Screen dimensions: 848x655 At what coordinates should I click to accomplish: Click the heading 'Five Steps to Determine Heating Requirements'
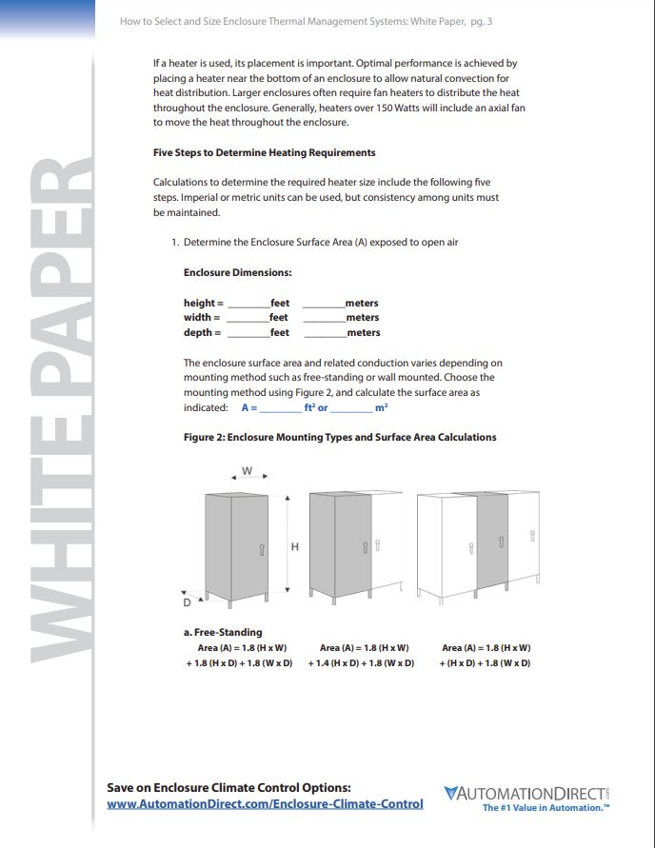click(264, 152)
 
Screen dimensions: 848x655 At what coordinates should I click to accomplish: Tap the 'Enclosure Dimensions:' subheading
click(237, 272)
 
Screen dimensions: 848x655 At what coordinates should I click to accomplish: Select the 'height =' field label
click(203, 303)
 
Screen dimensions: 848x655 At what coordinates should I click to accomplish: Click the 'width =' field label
click(202, 317)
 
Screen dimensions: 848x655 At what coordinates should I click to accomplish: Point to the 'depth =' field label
click(202, 332)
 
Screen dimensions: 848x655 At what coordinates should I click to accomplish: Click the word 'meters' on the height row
click(362, 303)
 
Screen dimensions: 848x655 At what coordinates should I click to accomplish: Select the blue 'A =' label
click(249, 407)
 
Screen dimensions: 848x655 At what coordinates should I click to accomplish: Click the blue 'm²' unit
click(381, 407)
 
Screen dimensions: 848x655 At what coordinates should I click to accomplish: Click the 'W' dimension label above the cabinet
click(248, 471)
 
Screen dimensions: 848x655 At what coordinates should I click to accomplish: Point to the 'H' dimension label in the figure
click(295, 546)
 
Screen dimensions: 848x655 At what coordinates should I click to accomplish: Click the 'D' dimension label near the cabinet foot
click(188, 602)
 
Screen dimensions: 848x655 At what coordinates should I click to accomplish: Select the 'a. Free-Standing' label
click(223, 632)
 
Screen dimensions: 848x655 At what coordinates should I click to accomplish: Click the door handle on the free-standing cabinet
click(262, 549)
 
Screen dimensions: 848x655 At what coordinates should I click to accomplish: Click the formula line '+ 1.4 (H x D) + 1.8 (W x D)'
click(361, 662)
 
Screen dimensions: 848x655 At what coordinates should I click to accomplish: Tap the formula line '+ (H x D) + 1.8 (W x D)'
click(486, 662)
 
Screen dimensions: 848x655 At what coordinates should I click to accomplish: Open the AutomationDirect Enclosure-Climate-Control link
click(265, 804)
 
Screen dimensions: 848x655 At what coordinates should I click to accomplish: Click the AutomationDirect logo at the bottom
click(526, 793)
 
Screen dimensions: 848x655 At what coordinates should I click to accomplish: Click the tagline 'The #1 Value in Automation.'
click(545, 808)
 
